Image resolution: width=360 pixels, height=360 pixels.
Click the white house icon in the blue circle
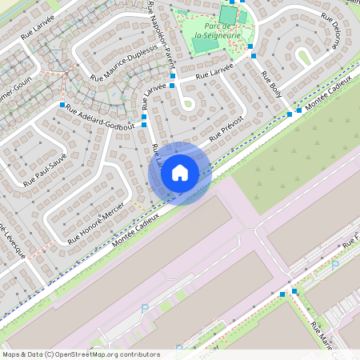click(x=179, y=173)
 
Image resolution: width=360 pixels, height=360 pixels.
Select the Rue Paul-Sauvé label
click(x=45, y=170)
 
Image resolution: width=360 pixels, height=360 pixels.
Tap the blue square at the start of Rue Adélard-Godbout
click(x=62, y=105)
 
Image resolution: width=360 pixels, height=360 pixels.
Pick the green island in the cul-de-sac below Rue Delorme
click(x=304, y=55)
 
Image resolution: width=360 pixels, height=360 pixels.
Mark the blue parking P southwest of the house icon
click(x=145, y=308)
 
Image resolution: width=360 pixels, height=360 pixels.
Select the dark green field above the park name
click(x=228, y=14)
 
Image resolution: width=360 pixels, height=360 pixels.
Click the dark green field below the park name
click(x=206, y=45)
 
